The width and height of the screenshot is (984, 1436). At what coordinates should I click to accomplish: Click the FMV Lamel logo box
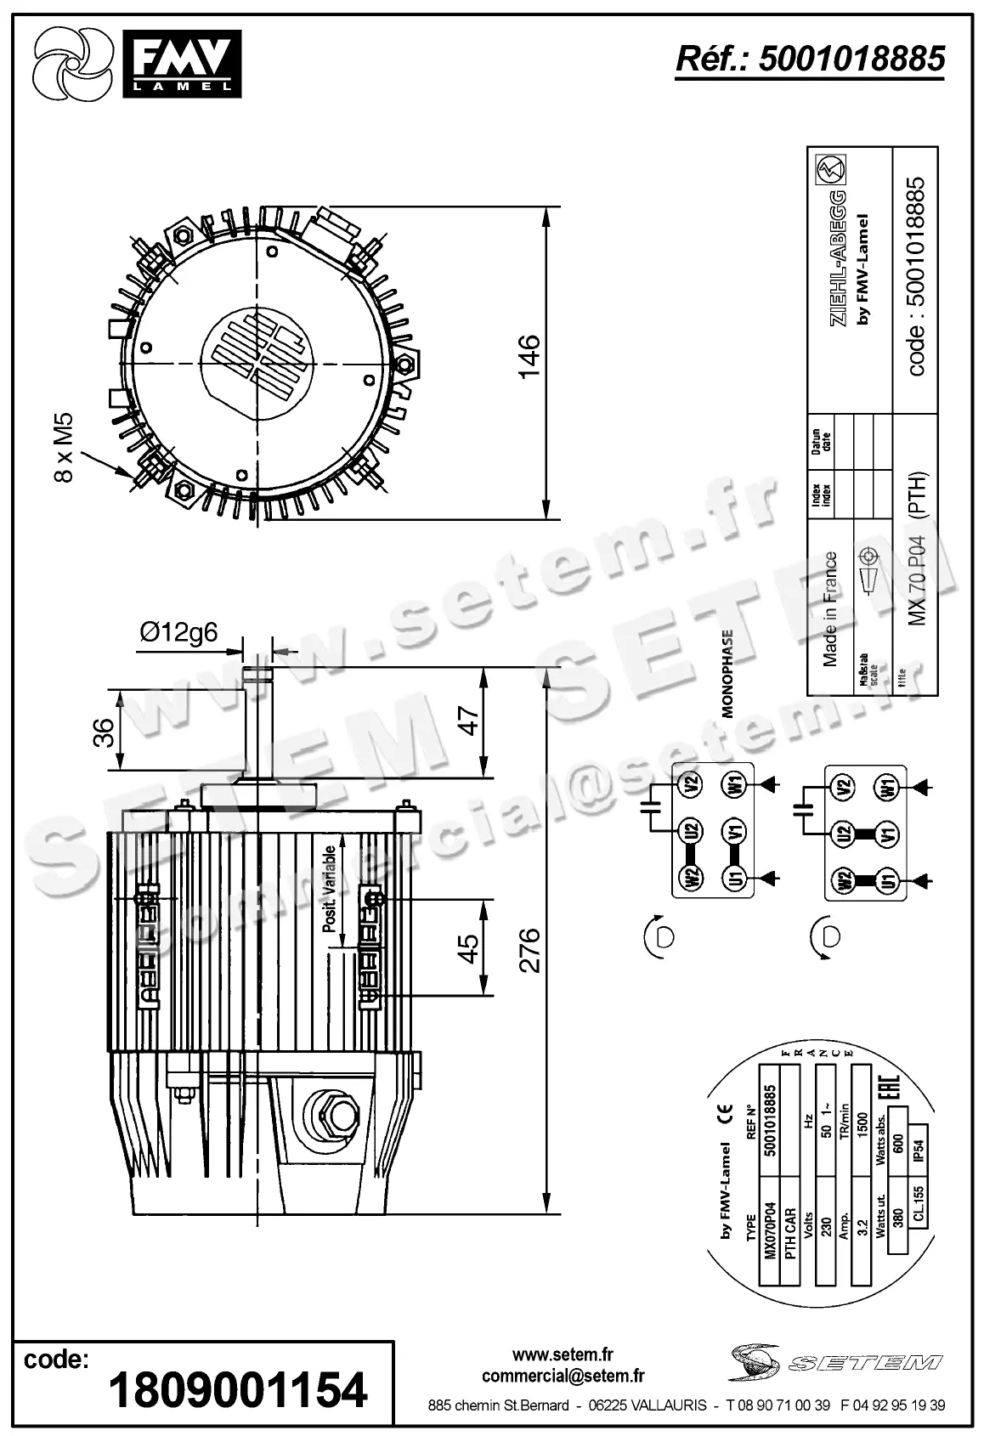[x=182, y=63]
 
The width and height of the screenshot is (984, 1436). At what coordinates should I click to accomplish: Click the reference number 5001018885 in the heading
[x=851, y=59]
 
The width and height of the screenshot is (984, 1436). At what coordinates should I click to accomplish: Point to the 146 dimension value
[x=529, y=357]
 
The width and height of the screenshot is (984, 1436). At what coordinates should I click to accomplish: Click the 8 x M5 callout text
[x=65, y=449]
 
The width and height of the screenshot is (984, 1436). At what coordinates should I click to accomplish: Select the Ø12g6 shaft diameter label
[x=178, y=632]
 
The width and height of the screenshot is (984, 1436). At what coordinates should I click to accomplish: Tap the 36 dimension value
[x=102, y=732]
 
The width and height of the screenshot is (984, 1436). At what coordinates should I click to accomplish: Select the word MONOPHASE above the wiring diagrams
[x=727, y=675]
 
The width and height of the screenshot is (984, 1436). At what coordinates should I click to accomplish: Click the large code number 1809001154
[x=238, y=1389]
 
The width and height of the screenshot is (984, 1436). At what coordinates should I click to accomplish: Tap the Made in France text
[x=830, y=608]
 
